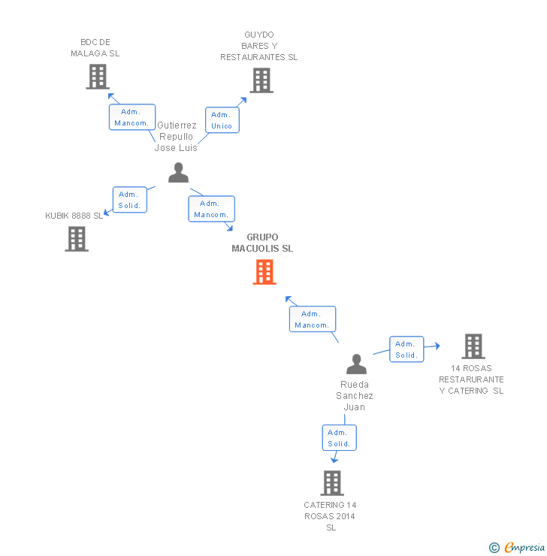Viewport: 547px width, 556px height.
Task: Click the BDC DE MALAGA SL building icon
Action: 98,77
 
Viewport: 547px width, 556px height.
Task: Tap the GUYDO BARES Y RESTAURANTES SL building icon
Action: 261,80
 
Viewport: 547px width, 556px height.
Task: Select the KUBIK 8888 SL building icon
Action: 77,239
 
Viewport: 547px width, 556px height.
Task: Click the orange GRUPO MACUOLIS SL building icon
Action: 264,272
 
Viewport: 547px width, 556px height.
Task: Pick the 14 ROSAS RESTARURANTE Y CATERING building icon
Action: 473,346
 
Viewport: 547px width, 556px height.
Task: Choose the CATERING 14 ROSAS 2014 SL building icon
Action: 331,483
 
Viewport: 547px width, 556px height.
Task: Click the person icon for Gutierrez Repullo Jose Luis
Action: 178,173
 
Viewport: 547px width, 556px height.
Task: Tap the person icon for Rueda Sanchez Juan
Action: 356,364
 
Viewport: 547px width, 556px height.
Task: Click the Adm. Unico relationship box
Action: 222,120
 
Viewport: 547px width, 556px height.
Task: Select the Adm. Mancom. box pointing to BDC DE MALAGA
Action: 132,117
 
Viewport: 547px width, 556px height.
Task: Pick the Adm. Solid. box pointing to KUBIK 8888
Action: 129,200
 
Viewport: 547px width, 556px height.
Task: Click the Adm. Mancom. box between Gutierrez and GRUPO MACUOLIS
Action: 211,209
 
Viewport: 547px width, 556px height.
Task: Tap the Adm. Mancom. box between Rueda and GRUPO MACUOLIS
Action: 312,319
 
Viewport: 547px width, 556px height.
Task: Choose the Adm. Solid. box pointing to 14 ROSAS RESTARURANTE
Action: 406,349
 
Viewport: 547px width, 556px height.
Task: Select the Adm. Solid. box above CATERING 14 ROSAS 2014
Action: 339,438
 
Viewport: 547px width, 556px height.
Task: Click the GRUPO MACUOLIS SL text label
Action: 262,243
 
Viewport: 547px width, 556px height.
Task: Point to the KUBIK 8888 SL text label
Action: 74,216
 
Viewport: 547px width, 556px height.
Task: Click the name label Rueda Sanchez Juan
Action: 355,395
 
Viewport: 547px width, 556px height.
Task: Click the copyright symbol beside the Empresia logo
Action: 494,548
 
